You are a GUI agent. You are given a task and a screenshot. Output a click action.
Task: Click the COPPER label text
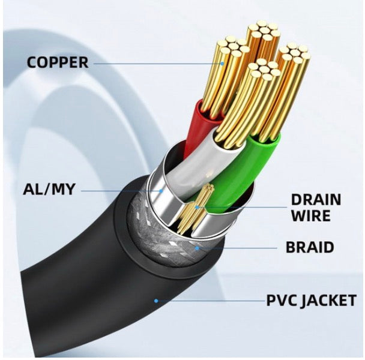[58, 62]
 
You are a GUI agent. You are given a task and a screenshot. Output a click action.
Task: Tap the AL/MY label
[49, 189]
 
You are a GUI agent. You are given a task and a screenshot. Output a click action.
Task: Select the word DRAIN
[316, 199]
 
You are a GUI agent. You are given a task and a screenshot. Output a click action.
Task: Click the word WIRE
[311, 216]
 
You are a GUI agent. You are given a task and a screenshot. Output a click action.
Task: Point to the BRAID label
[310, 247]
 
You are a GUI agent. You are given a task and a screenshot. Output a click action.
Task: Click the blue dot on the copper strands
[222, 63]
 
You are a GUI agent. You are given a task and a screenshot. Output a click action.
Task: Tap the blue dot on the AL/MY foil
[161, 191]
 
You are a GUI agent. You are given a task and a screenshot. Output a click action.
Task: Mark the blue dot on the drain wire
[197, 207]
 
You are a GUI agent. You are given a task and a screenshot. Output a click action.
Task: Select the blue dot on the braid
[197, 248]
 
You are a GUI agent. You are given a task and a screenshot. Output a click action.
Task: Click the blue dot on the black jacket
[156, 301]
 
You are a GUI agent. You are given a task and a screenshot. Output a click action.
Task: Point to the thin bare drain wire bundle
[195, 209]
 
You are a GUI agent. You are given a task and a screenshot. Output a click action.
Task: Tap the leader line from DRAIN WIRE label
[243, 207]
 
